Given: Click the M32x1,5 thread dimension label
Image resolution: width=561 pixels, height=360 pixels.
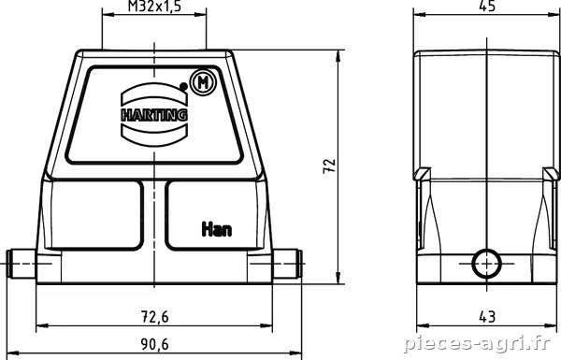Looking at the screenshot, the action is coord(154,7).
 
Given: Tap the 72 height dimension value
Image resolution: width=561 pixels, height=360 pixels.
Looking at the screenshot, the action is coord(329,166).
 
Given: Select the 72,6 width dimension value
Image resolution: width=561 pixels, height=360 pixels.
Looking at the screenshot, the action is coord(154,317).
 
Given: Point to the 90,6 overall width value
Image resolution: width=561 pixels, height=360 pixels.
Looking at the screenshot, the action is coord(154,344).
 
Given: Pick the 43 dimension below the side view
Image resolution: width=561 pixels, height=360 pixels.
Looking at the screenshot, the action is coord(487,317).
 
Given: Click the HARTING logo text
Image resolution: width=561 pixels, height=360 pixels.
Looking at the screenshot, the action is coord(154,115).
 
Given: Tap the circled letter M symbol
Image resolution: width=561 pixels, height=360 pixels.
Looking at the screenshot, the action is coord(203,82).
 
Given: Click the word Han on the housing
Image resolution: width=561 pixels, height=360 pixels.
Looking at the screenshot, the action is coord(217,229).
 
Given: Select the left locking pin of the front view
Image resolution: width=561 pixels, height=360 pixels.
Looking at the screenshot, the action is coord(22,264).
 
